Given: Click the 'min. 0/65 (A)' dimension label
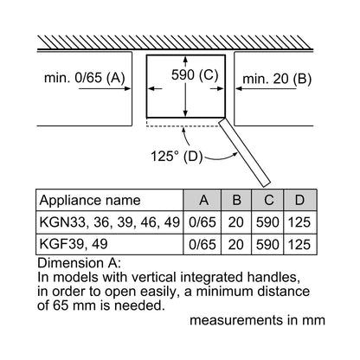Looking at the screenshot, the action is click(84, 78).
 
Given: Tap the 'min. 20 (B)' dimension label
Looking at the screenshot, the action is click(277, 79).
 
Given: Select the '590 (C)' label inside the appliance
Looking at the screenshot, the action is click(195, 74).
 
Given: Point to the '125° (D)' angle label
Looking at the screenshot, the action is click(177, 157).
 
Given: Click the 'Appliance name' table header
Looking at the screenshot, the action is click(90, 201).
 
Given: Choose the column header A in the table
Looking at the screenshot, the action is click(203, 200).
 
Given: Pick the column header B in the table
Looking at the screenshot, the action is click(236, 200).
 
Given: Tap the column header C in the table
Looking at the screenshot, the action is click(268, 200).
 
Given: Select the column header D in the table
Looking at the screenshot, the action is click(299, 200).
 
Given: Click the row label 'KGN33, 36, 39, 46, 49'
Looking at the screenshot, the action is click(110, 222).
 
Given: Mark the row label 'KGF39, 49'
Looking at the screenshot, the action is click(74, 244).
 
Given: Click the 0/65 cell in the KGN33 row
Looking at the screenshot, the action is click(202, 222).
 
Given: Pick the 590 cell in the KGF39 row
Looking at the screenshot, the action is click(267, 245).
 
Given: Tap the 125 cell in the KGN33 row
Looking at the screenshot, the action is click(299, 222).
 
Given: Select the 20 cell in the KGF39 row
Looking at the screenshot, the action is click(236, 245).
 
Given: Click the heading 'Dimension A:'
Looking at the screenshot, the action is click(79, 263).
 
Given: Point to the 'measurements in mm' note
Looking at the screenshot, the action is click(257, 320).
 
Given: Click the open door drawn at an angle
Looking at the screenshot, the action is click(245, 152).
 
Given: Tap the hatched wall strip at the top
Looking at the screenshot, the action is click(175, 42).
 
